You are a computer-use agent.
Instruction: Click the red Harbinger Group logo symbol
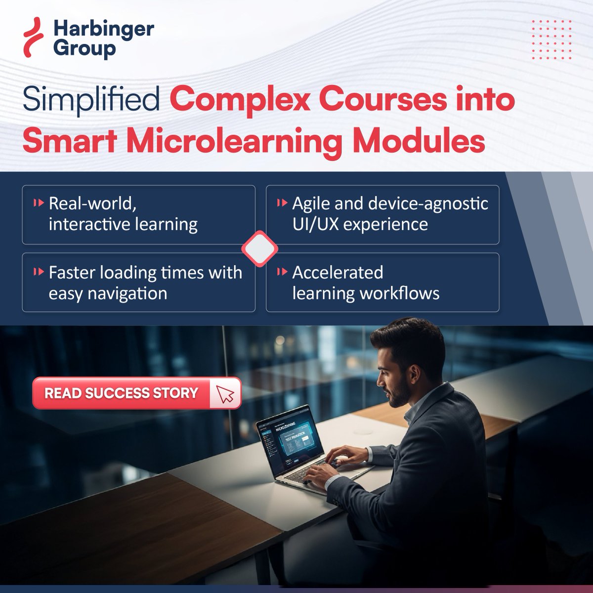point(34,38)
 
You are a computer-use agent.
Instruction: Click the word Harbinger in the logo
point(104,29)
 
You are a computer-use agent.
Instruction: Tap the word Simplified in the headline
point(90,100)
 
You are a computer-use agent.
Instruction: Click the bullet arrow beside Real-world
point(38,203)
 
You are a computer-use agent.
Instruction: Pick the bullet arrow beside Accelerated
point(282,272)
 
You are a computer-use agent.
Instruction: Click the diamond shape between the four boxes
point(259,249)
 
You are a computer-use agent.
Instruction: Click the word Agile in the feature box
point(311,204)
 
